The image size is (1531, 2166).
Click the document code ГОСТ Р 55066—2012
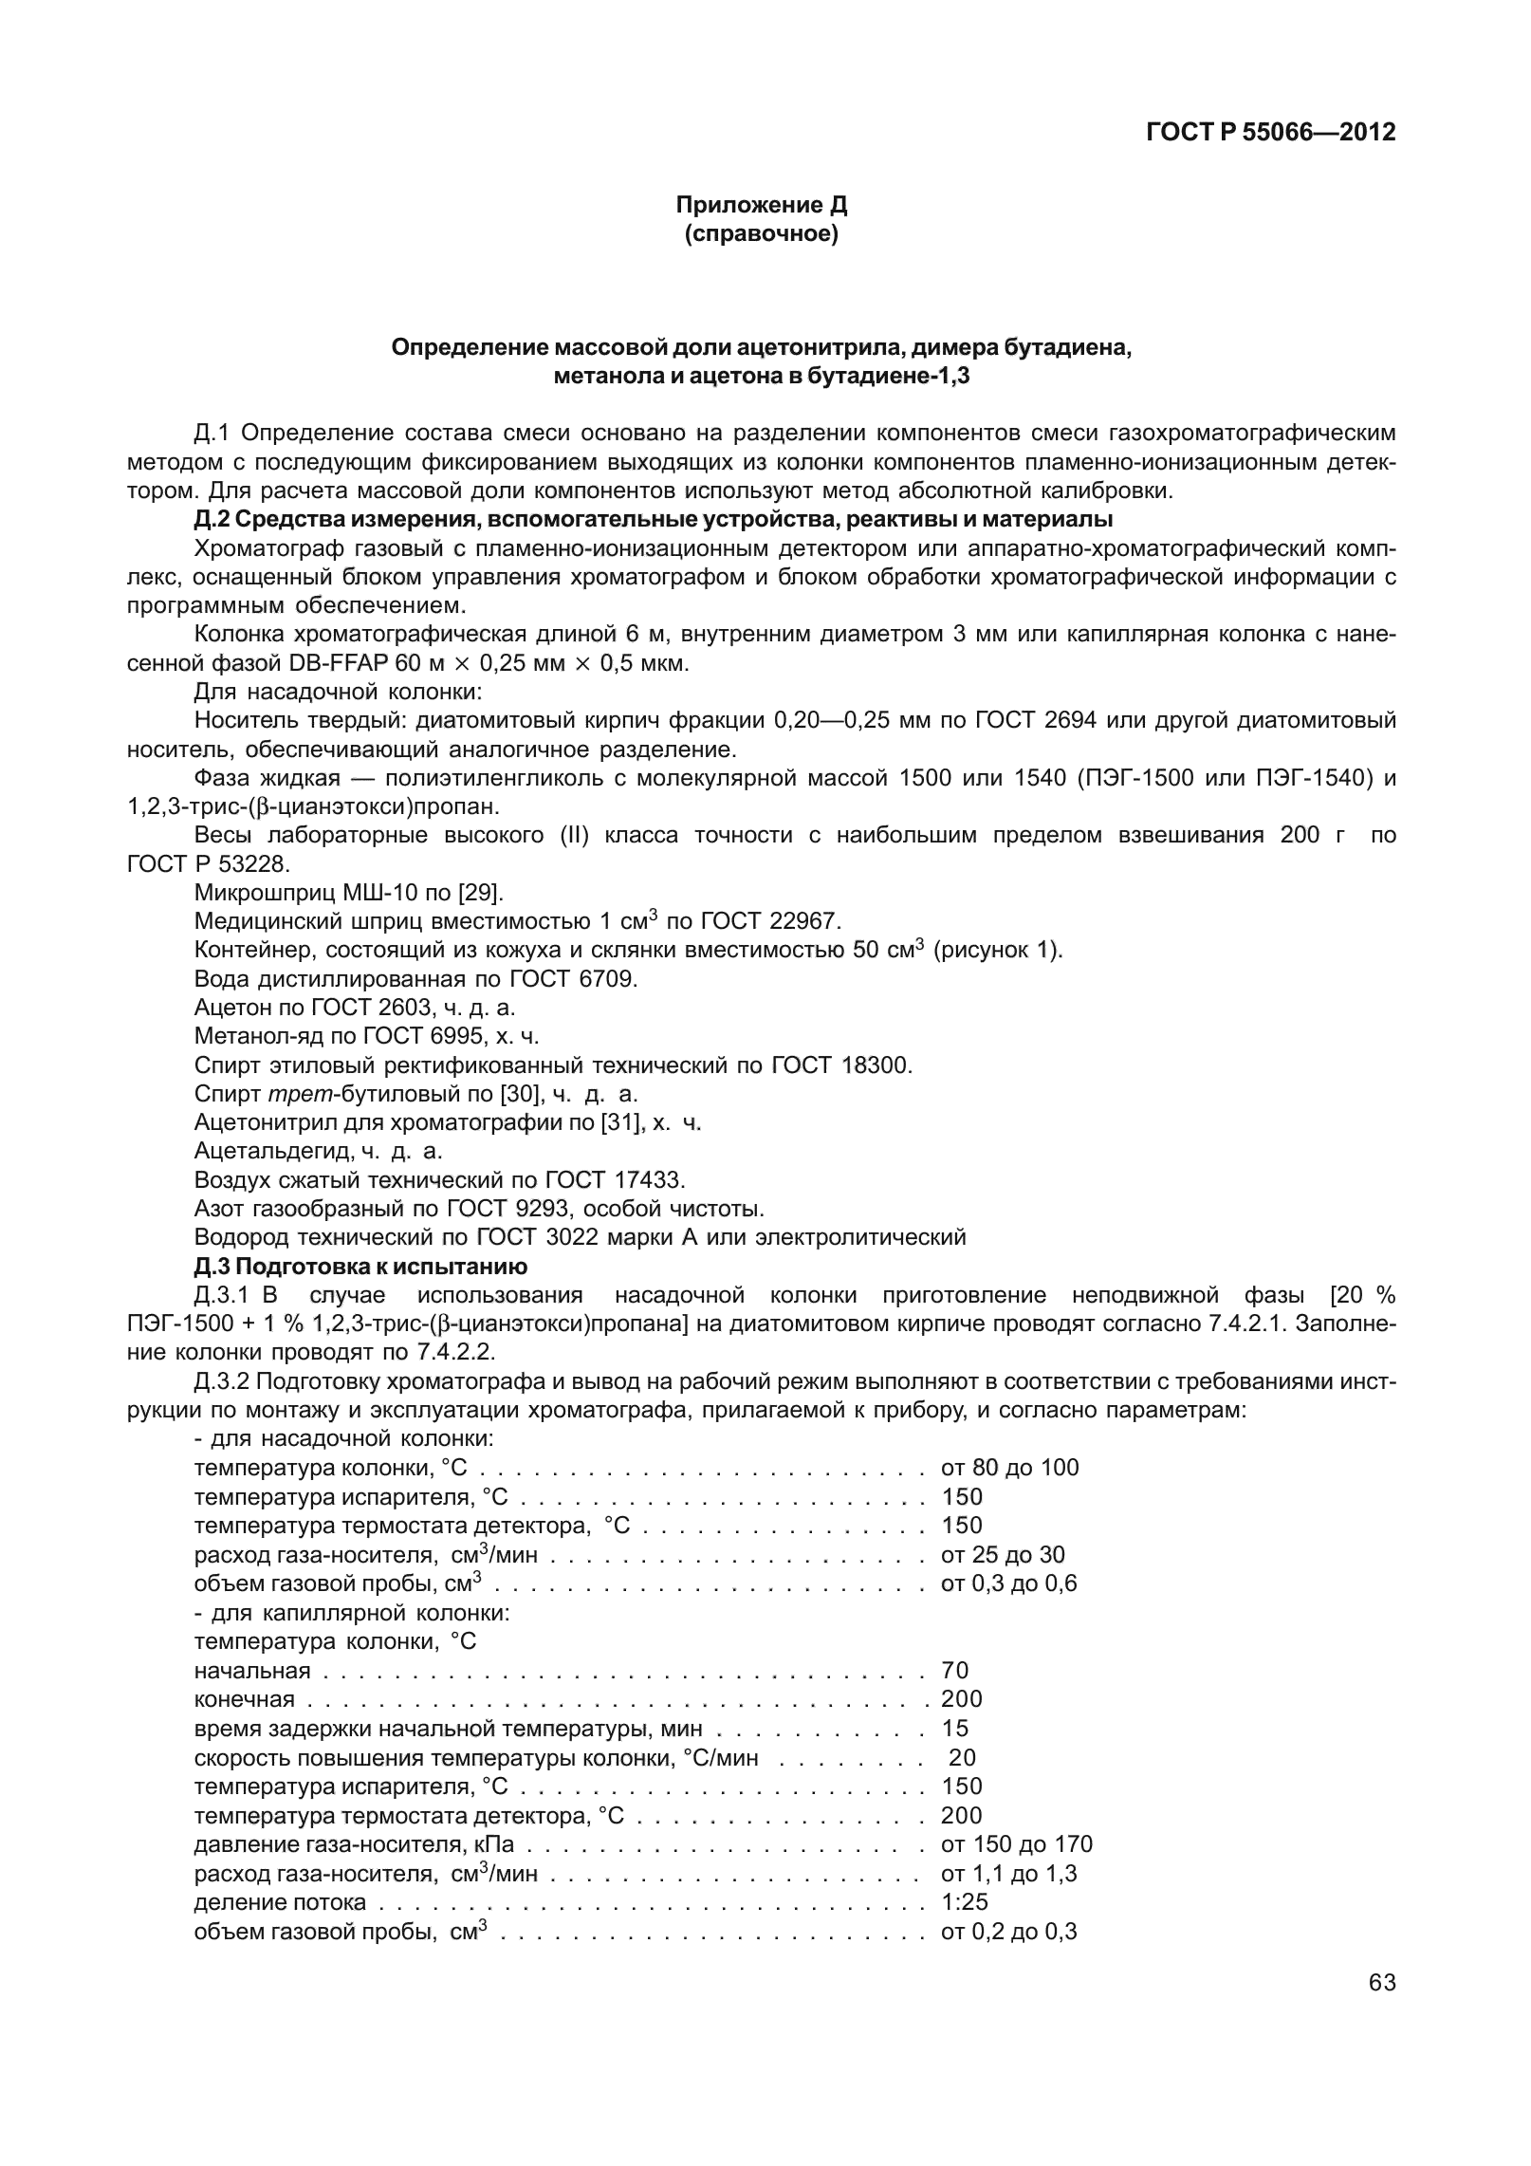[x=1270, y=132]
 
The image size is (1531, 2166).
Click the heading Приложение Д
[x=761, y=205]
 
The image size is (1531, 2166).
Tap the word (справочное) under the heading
[x=761, y=233]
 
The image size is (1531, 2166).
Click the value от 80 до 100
[x=1009, y=1468]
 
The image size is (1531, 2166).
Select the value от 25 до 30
[x=1003, y=1554]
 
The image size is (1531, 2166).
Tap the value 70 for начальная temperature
[x=954, y=1670]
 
